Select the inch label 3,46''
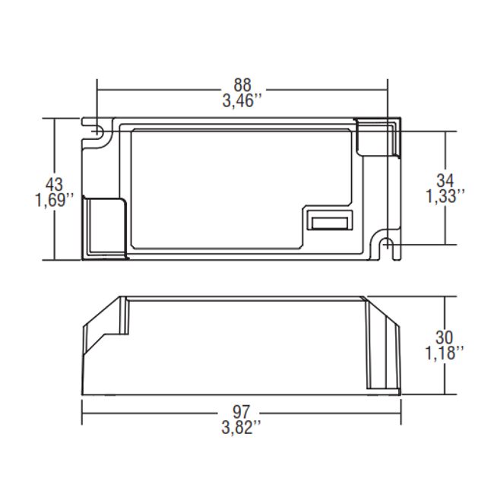coord(242,100)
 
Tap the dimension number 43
coord(54,184)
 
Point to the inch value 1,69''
coord(54,201)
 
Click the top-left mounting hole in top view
coord(97,131)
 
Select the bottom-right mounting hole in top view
coord(386,245)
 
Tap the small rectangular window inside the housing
coord(328,222)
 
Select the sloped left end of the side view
coord(101,327)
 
